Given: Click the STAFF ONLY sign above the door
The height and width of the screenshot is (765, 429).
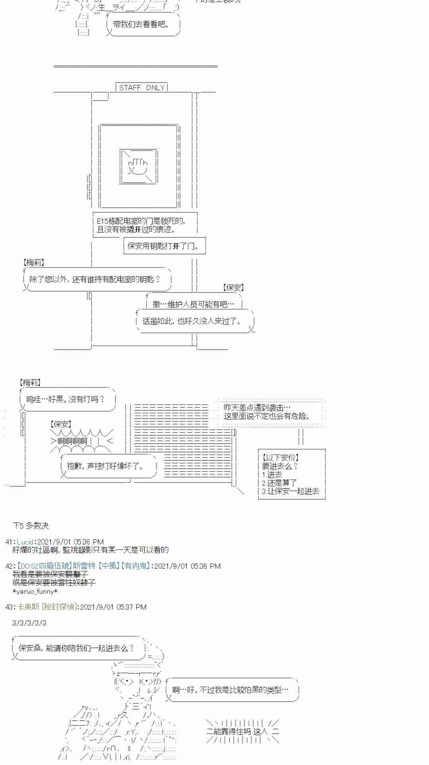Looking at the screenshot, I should (141, 87).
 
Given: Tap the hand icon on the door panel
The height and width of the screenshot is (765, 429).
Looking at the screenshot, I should (138, 167).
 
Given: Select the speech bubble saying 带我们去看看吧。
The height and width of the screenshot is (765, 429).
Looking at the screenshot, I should (141, 25).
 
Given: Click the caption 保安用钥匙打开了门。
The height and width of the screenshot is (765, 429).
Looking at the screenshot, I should (164, 246).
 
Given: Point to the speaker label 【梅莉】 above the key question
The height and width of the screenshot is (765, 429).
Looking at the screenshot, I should (34, 262).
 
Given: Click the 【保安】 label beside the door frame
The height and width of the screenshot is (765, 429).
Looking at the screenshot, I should (234, 287).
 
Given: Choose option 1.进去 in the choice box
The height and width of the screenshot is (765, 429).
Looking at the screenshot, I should (272, 474).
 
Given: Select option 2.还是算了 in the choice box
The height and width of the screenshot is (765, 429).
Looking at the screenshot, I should (279, 483).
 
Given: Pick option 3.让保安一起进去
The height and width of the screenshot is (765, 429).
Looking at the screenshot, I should (290, 491).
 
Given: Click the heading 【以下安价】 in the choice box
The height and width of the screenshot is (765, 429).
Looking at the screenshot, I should (280, 457).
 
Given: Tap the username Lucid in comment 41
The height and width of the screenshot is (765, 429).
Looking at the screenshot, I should (25, 542).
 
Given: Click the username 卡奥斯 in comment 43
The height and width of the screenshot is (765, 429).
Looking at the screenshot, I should (28, 607).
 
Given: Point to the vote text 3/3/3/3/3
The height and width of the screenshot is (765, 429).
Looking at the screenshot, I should (29, 623).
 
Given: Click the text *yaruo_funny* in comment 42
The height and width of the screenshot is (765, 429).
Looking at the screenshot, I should (35, 591).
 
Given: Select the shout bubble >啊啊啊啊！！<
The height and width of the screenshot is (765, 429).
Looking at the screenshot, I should (81, 441).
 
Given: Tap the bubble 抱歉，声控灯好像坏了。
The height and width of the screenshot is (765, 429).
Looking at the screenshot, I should (106, 466).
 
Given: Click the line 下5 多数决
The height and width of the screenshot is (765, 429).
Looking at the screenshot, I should (31, 526).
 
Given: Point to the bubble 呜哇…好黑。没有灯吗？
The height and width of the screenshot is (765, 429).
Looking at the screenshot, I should (66, 399).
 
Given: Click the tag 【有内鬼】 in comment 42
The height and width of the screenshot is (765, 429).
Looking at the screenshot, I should (135, 566).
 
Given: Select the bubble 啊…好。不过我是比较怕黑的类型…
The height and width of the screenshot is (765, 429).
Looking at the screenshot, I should (230, 690).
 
